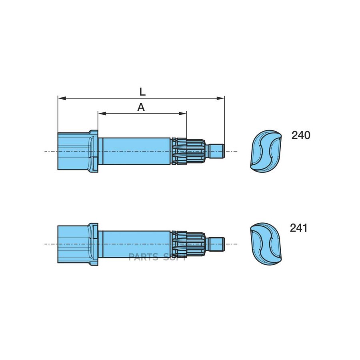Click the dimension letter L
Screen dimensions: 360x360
142,91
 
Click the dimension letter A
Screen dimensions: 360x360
141,107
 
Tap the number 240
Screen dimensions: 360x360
301,136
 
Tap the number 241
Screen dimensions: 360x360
299,228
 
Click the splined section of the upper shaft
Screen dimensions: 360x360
190,151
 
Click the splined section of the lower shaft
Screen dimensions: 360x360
190,244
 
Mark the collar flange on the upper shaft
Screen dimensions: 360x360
94,151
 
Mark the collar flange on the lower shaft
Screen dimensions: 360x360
94,244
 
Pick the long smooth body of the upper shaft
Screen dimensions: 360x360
136,151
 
